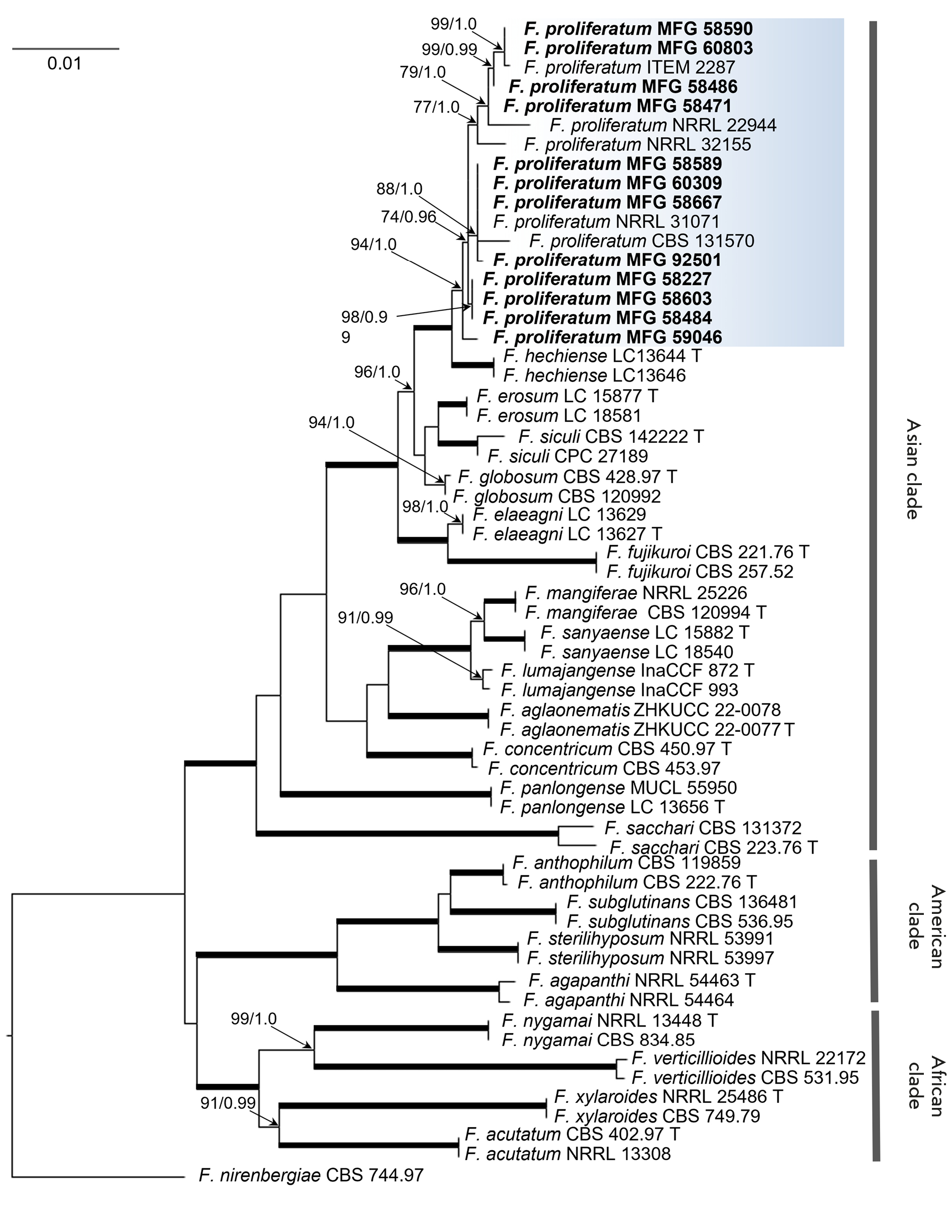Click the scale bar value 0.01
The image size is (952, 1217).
click(x=64, y=63)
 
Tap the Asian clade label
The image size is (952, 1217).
click(x=911, y=469)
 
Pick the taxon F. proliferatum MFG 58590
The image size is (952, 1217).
click(x=638, y=29)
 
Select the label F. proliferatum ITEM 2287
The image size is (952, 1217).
click(x=629, y=67)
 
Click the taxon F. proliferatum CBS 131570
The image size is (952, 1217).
click(x=641, y=241)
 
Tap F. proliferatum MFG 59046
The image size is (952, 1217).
click(x=608, y=337)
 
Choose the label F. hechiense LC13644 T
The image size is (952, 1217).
click(x=602, y=356)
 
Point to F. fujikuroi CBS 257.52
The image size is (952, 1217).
click(x=700, y=572)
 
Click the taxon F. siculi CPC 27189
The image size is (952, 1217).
click(x=567, y=456)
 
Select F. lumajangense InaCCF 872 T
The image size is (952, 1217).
click(x=628, y=670)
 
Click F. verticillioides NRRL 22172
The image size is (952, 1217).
click(x=748, y=1058)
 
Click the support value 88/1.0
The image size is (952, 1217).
click(x=399, y=189)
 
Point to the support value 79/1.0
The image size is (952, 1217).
click(x=423, y=72)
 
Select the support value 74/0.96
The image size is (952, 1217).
click(x=408, y=216)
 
